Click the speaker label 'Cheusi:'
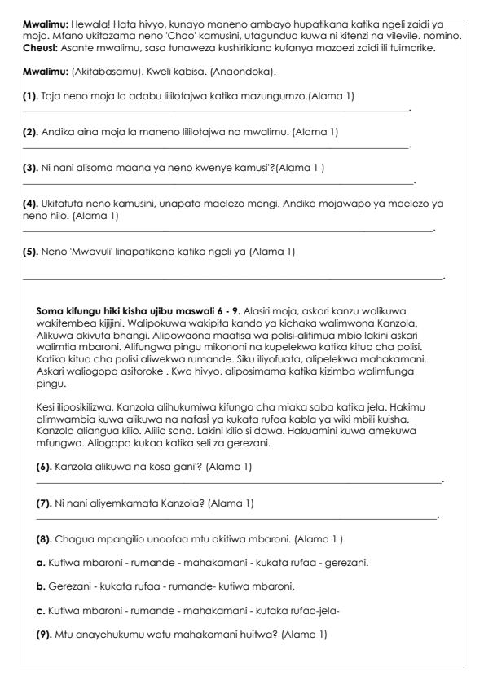point(40,47)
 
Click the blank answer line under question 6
point(236,483)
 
